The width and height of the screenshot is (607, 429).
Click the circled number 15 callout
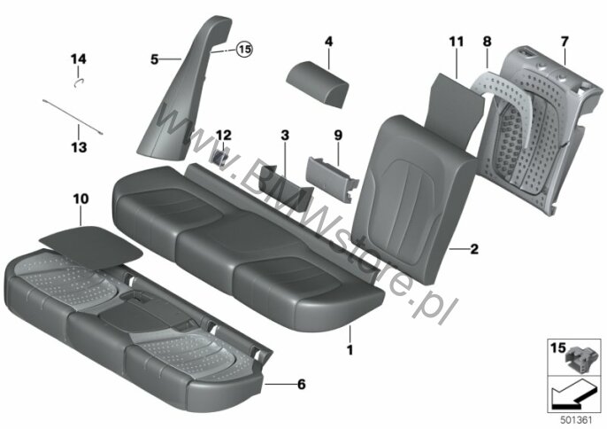click(244, 50)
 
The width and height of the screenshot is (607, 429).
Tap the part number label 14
click(78, 59)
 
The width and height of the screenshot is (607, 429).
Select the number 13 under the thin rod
click(79, 147)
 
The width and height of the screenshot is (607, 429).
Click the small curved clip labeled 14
click(80, 82)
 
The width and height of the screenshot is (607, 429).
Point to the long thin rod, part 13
click(73, 117)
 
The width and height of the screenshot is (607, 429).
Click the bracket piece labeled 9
click(333, 179)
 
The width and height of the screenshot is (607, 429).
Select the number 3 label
click(285, 136)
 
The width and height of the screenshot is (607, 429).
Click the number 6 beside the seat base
click(301, 385)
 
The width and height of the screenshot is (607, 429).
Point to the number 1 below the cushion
click(350, 350)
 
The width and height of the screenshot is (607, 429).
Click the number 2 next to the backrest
click(474, 249)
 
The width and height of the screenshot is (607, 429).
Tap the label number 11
click(457, 42)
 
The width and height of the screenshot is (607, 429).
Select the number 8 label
click(487, 42)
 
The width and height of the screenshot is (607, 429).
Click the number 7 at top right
click(565, 42)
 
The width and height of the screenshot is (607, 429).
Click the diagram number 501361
click(577, 420)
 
